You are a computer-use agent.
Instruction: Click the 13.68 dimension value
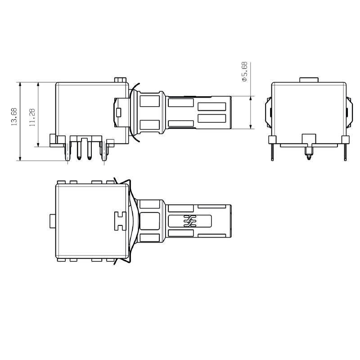pyautogui.click(x=14, y=116)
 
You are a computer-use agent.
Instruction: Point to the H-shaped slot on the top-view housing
pyautogui.click(x=119, y=220)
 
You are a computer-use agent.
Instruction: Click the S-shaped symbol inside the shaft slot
pyautogui.click(x=189, y=221)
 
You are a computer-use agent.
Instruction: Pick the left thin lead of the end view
pyautogui.click(x=272, y=150)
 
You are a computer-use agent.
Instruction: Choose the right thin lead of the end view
pyautogui.click(x=345, y=150)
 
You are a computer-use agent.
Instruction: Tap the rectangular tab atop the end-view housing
pyautogui.click(x=309, y=80)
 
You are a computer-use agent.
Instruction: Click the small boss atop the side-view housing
pyautogui.click(x=120, y=80)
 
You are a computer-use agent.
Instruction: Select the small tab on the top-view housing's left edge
pyautogui.click(x=53, y=221)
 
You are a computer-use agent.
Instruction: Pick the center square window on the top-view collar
pyautogui.click(x=150, y=221)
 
